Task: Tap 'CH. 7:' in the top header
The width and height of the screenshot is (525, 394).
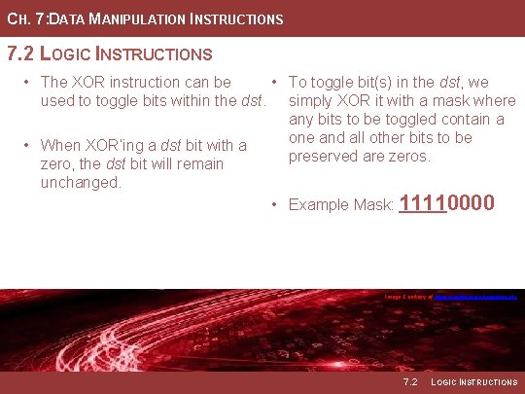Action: click(20, 19)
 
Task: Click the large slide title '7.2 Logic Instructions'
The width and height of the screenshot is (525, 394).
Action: click(109, 54)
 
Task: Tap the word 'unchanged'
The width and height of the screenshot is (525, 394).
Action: click(81, 181)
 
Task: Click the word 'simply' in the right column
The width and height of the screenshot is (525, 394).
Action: click(314, 101)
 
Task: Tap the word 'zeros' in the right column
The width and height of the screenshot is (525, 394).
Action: click(407, 156)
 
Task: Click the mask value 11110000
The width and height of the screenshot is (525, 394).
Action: click(447, 203)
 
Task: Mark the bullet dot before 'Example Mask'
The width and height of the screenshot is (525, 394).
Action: click(276, 204)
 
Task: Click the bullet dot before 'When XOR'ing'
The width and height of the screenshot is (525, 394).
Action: click(28, 146)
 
